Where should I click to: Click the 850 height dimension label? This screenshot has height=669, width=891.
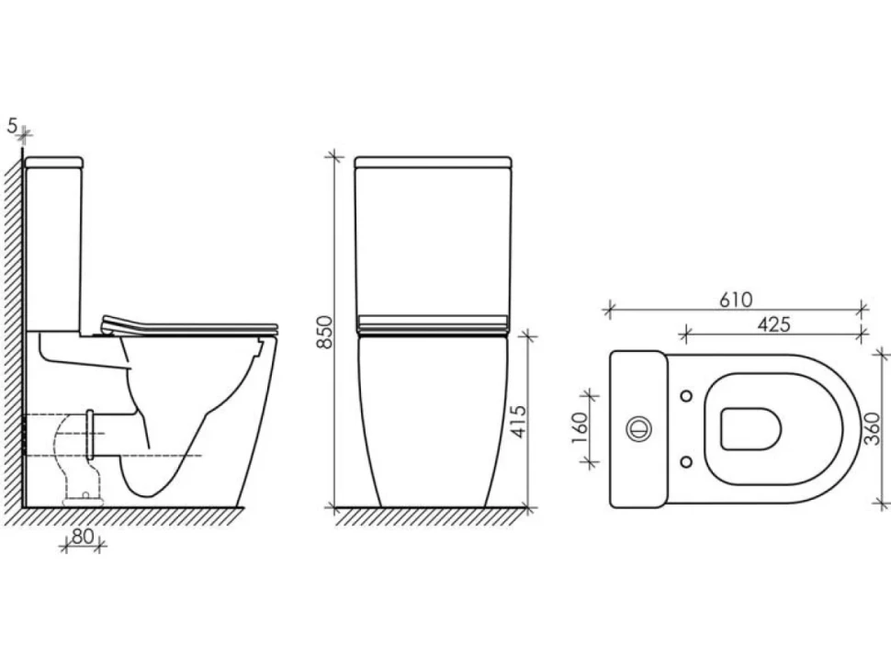325,332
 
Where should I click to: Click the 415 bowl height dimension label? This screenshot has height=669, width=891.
519,421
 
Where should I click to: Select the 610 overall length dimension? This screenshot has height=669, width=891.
736,300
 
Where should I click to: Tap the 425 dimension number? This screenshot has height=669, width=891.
774,324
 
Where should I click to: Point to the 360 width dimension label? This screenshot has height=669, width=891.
873,428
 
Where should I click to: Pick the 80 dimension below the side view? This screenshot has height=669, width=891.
83,536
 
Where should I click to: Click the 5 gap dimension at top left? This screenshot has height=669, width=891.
12,126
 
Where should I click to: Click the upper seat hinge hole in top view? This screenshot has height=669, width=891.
686,395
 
